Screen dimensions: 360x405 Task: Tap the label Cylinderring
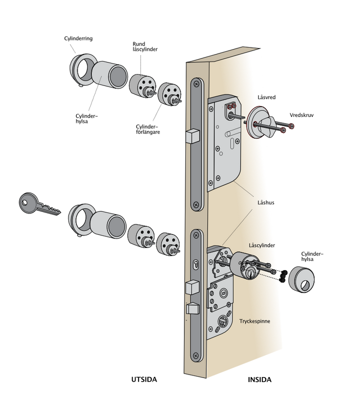click(x=78, y=38)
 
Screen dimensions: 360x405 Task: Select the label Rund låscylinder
click(x=145, y=46)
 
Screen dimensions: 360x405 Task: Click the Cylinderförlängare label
click(x=147, y=129)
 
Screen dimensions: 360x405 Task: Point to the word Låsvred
click(x=266, y=97)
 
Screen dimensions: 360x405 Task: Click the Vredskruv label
click(x=301, y=115)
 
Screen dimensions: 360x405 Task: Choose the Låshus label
click(x=265, y=202)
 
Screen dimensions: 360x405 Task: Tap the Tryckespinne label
click(x=254, y=321)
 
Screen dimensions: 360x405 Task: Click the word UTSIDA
click(x=144, y=379)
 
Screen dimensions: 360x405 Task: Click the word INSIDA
click(x=259, y=379)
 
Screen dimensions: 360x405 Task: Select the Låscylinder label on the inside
click(x=262, y=245)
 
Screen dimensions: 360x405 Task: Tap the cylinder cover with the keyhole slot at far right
click(x=301, y=279)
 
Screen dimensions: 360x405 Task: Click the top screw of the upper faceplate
click(x=196, y=84)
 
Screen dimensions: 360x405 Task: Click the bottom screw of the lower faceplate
click(x=196, y=355)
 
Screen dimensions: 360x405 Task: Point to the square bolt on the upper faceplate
click(x=192, y=136)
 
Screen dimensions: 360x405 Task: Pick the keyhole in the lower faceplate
click(x=196, y=264)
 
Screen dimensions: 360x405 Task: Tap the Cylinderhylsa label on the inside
click(x=312, y=256)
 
